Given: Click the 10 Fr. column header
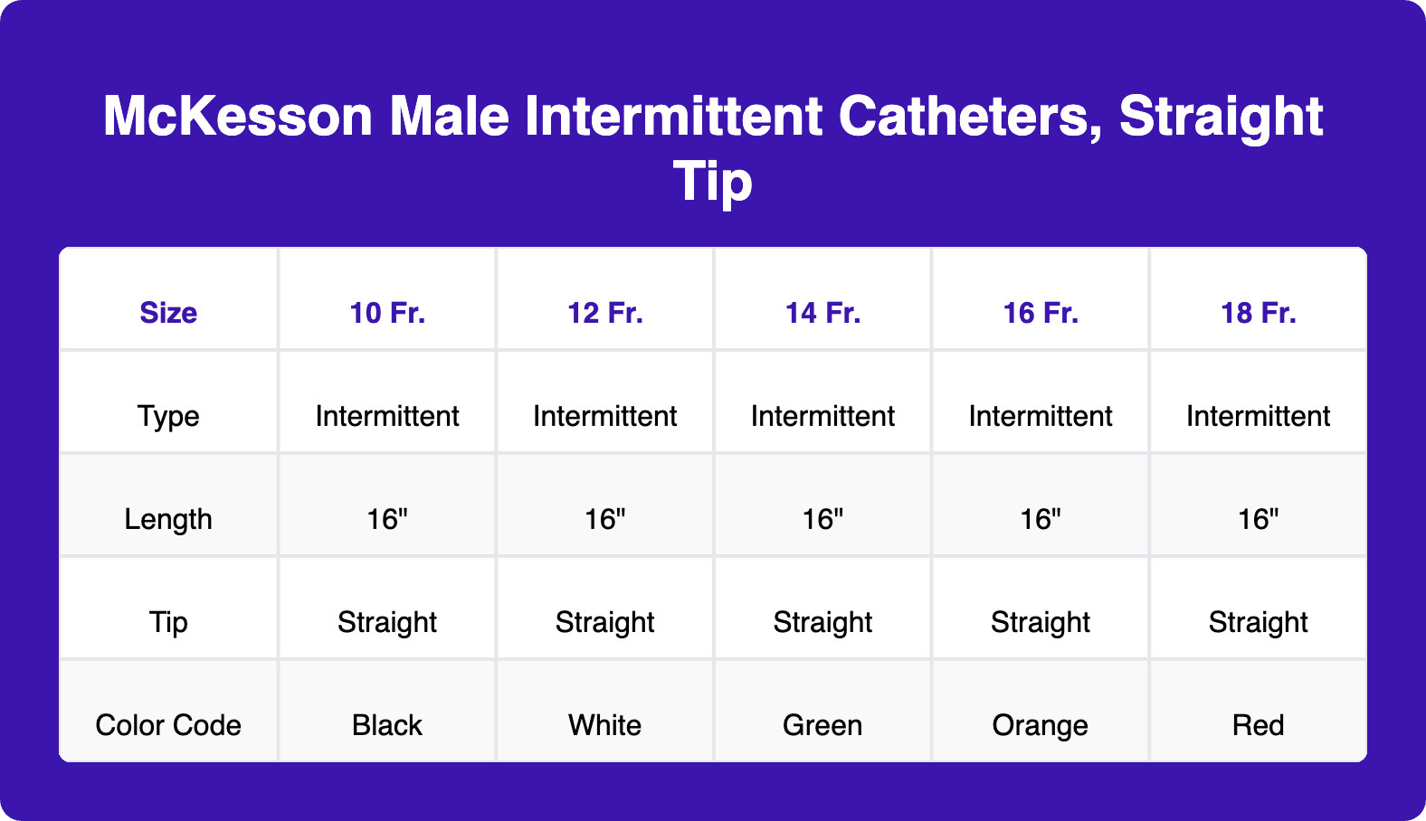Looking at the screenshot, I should [387, 313].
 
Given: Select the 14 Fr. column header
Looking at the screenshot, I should [822, 313].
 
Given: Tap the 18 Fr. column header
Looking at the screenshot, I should [1258, 313].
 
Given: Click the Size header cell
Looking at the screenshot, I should [168, 313].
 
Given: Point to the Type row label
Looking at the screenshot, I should [168, 416].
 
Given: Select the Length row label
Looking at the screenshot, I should [168, 519].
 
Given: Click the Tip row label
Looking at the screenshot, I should [168, 622].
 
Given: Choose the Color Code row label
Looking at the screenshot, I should [168, 725].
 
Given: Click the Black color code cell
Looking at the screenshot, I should [387, 725].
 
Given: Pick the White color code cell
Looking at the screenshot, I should [604, 725].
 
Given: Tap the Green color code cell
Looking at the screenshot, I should [822, 725].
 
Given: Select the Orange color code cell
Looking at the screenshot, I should [1041, 725].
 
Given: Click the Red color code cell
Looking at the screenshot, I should [1258, 725].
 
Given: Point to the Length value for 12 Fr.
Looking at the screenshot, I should [604, 519].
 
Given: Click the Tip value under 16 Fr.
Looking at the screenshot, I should [1041, 622].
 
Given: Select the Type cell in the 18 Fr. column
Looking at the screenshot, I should [1258, 416].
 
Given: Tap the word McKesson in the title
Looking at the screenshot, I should [238, 117].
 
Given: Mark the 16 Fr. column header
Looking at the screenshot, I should [1041, 313].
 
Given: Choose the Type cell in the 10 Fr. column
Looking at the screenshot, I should [387, 416].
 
